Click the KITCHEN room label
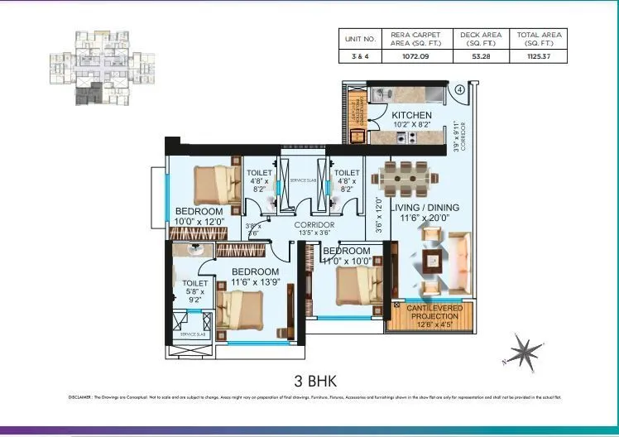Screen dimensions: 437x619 click(411, 115)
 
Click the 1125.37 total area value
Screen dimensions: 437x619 click(539, 57)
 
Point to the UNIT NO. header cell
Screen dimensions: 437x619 click(361, 38)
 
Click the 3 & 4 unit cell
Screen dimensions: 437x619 click(361, 57)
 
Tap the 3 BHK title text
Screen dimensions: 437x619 click(309, 382)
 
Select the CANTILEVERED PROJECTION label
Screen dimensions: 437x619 click(429, 314)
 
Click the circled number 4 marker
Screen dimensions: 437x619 click(459, 89)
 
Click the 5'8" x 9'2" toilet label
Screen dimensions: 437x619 click(195, 290)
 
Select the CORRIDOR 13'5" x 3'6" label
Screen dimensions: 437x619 click(314, 229)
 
